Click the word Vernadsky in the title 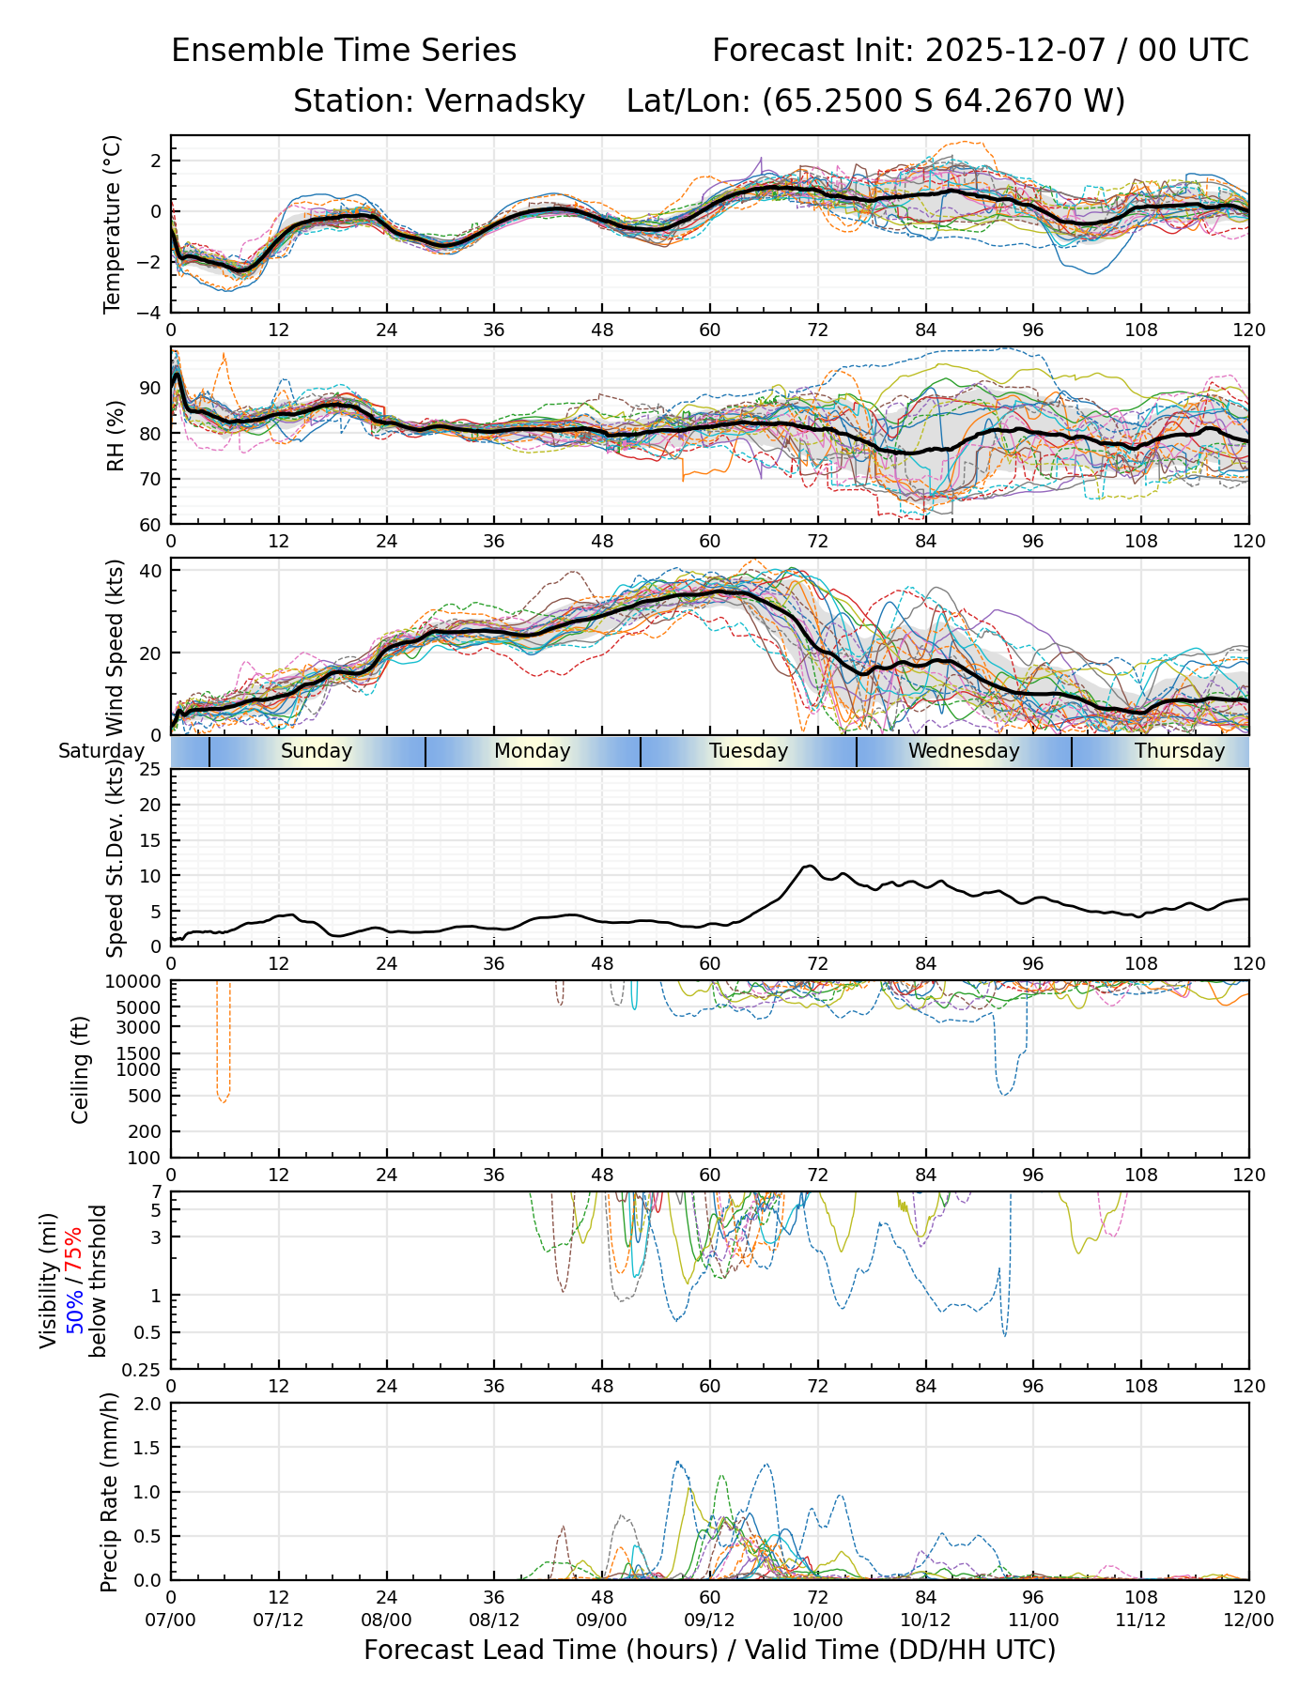[x=505, y=100]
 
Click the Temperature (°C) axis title [x=113, y=223]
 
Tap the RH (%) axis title [x=116, y=436]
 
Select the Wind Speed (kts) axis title [x=116, y=648]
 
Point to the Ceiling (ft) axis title [x=81, y=1069]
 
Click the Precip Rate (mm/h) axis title [x=110, y=1491]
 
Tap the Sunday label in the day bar [x=317, y=751]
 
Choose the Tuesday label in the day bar [x=749, y=751]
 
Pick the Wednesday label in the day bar [x=964, y=751]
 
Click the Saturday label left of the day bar [x=101, y=751]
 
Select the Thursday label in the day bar [x=1180, y=751]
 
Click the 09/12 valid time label [x=710, y=1620]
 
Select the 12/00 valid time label [x=1248, y=1620]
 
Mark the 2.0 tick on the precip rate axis [x=148, y=1405]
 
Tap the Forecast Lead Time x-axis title [x=710, y=1650]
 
